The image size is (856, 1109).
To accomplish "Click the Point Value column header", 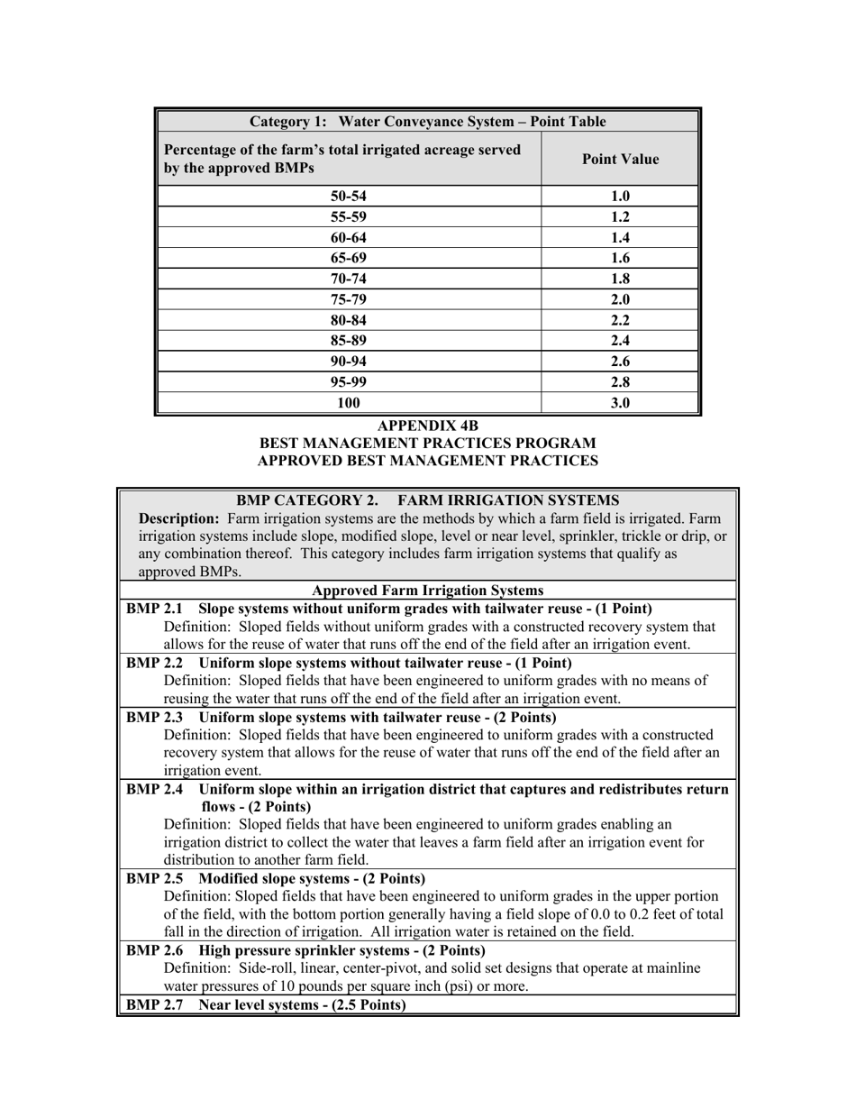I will point(620,160).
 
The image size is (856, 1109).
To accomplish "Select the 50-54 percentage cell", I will point(349,197).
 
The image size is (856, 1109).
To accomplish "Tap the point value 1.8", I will point(620,279).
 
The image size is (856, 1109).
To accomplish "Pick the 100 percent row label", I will point(349,403).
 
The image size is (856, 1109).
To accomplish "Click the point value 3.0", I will point(620,403).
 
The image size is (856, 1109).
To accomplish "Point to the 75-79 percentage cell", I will point(349,299).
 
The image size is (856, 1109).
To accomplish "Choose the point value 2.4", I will point(620,341).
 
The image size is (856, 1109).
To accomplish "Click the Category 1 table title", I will point(427,122).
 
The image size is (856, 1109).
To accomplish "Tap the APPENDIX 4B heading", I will point(427,426).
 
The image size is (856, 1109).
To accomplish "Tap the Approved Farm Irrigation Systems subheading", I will point(427,591).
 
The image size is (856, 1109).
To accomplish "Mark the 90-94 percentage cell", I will point(349,362).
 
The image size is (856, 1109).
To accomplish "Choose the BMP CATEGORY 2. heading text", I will point(306,500).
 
